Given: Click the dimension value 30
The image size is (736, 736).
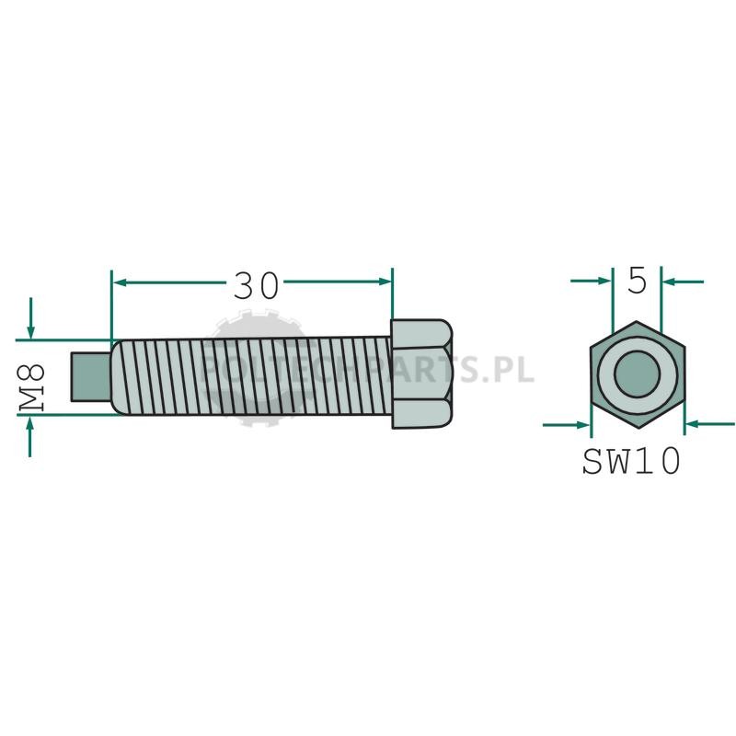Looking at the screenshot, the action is coord(256,286).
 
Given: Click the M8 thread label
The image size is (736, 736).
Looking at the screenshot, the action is coord(31,387).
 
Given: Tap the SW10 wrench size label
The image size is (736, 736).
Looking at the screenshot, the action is coord(631,461).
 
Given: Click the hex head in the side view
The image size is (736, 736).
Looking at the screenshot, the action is coord(421,374).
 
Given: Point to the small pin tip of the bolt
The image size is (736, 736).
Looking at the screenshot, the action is coord(90,377).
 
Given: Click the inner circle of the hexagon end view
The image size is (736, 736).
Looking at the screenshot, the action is coord(637,374).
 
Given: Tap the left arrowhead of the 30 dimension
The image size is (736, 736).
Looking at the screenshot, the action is coord(121,282).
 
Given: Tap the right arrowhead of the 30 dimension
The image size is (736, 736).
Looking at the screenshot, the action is coord(385,282).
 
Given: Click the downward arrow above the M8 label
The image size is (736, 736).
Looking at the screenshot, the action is coord(30,317).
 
